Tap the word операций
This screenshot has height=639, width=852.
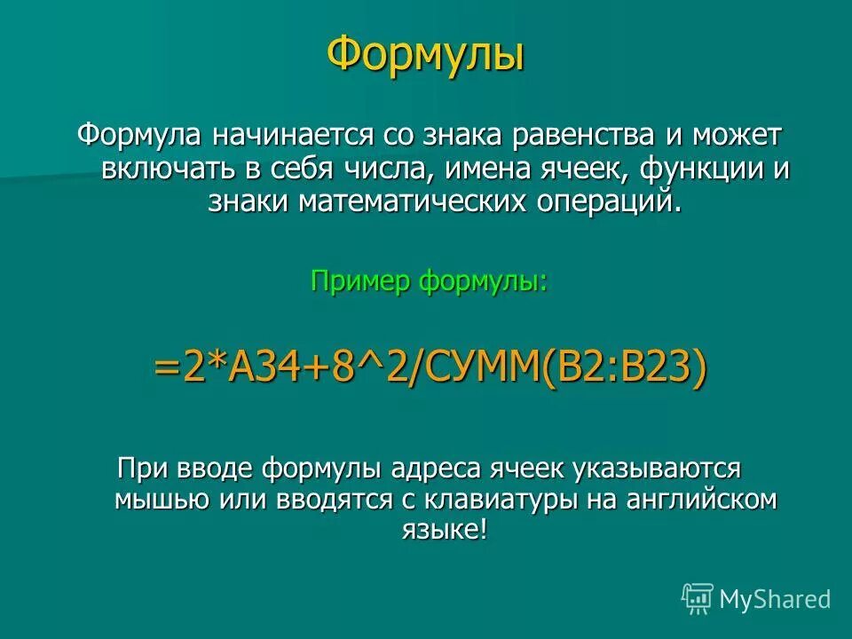612,201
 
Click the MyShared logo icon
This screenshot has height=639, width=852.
698,599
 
